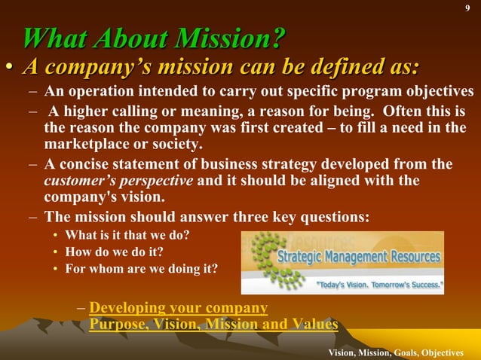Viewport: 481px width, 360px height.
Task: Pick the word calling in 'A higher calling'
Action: point(131,111)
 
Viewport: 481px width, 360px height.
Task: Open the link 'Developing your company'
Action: point(179,308)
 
